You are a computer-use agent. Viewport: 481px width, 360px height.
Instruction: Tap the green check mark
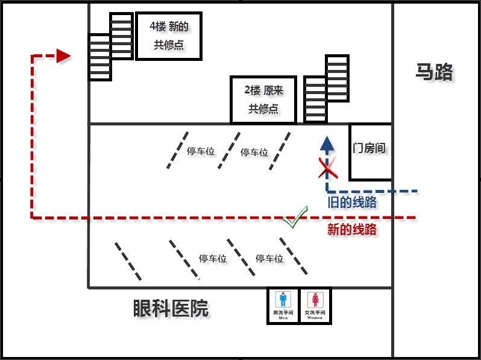[x=295, y=218]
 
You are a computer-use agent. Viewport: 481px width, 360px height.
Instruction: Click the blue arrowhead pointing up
[x=327, y=144]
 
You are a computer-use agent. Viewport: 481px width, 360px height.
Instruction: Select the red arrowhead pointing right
[x=63, y=56]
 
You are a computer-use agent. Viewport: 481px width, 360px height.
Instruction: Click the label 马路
[x=434, y=72]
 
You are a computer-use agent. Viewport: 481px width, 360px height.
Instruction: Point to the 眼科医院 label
[x=171, y=309]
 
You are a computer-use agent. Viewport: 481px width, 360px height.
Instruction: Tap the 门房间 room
[x=369, y=148]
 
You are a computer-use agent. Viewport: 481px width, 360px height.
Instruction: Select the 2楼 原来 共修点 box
[x=263, y=99]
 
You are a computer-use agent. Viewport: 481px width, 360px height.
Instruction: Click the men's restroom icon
[x=283, y=300]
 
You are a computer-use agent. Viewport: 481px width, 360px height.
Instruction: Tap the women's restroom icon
[x=315, y=300]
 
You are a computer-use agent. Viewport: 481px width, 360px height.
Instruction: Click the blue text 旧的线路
[x=352, y=203]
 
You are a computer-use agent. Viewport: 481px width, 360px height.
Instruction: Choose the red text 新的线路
[x=352, y=229]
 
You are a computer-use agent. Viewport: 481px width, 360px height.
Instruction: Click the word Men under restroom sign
[x=283, y=318]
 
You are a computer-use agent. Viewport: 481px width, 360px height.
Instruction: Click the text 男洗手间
[x=283, y=312]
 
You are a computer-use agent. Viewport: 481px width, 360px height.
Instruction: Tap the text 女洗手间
[x=315, y=312]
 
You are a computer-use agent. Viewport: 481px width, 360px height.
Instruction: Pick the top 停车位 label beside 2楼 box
[x=254, y=153]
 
